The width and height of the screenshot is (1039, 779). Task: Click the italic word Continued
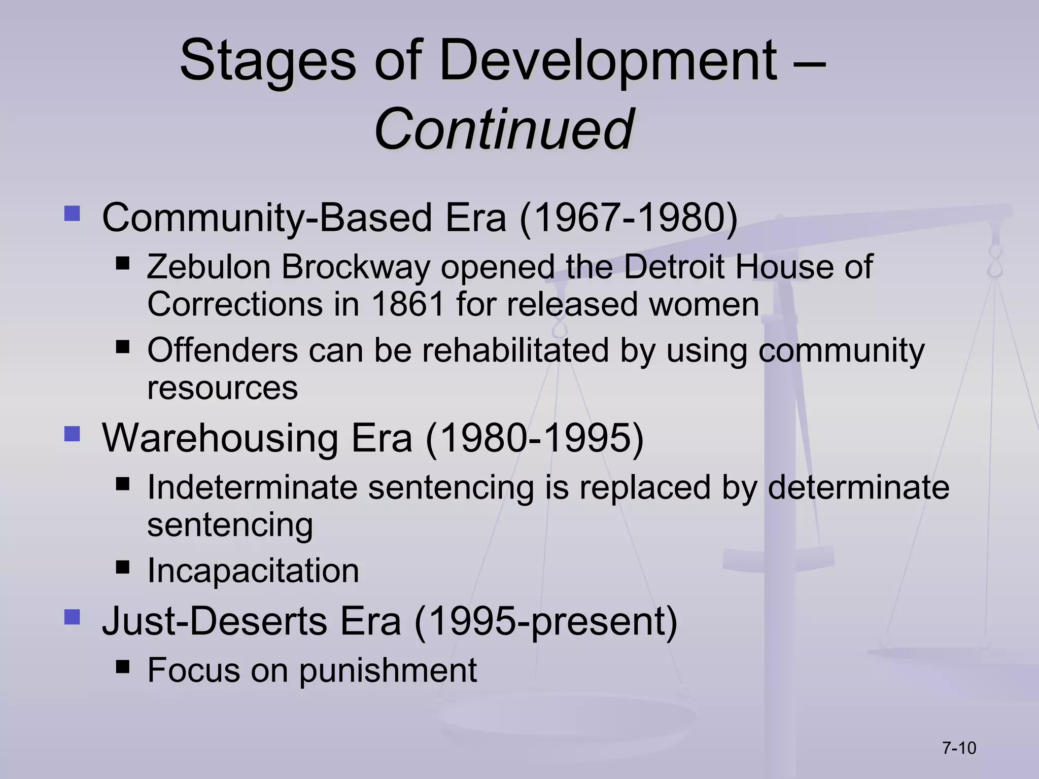[x=503, y=129]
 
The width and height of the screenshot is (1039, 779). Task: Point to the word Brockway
[x=356, y=267]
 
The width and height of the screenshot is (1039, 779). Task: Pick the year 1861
[x=408, y=304]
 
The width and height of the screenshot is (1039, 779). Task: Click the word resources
[x=222, y=388]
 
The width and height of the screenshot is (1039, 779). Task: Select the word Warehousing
[x=220, y=438]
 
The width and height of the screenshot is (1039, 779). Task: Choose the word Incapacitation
[x=253, y=571]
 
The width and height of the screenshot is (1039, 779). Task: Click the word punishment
[x=388, y=670]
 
